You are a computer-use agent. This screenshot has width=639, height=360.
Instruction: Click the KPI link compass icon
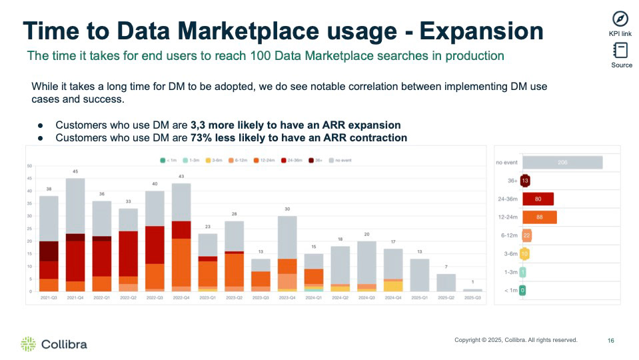tap(620, 19)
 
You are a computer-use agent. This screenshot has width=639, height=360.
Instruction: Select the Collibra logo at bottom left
tap(53, 344)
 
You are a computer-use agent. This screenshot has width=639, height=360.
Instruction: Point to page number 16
tap(611, 341)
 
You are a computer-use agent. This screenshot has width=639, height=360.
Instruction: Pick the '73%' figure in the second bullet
tap(202, 138)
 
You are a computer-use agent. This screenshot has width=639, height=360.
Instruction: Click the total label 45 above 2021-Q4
tap(75, 172)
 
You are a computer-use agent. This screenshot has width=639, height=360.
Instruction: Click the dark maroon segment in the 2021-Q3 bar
tap(49, 251)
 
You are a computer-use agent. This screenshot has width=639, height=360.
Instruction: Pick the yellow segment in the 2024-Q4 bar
tap(393, 286)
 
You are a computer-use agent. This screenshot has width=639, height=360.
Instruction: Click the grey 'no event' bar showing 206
tap(562, 163)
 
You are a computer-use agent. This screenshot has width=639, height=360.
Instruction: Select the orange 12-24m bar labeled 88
tap(540, 217)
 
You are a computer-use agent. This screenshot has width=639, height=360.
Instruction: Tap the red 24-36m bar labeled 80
tap(538, 199)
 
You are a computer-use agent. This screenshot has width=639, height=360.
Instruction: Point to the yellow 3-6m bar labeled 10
tap(526, 254)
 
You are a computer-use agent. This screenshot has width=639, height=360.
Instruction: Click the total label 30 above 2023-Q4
tap(287, 209)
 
